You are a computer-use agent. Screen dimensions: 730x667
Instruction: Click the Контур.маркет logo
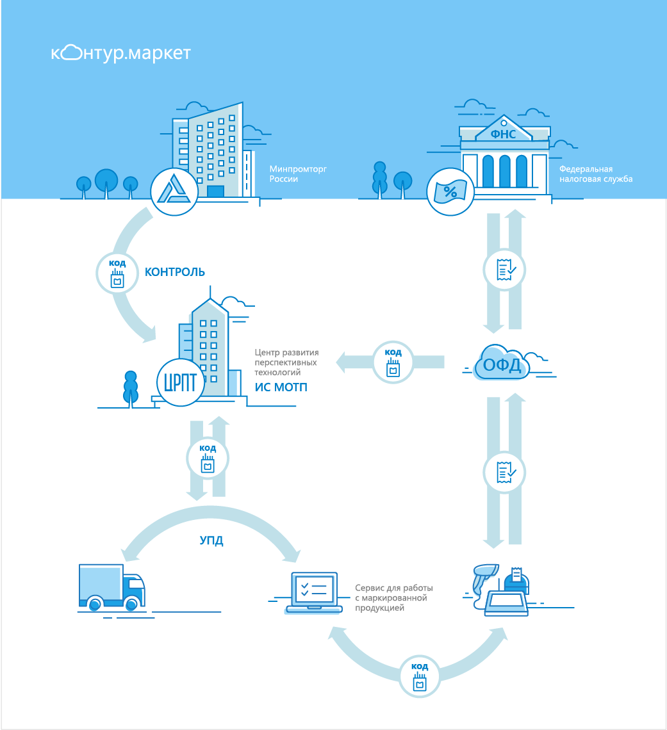120,53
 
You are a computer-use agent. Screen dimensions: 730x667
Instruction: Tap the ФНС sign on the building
503,134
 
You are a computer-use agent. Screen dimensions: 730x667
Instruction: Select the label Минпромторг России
289,174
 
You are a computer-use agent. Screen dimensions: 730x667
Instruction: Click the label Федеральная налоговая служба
595,174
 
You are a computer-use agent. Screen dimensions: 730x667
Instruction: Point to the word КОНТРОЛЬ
175,272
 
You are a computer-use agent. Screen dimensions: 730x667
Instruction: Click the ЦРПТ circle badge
180,382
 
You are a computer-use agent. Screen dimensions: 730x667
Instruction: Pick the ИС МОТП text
281,386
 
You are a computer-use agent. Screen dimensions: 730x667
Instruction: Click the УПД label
211,540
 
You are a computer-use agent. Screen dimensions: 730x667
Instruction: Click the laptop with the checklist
314,591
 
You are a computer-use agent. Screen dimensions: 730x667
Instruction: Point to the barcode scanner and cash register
502,589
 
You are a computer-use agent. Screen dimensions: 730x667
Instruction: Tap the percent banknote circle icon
450,191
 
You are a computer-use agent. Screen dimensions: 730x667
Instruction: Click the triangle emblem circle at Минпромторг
174,191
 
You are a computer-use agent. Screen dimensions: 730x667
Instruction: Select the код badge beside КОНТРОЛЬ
117,272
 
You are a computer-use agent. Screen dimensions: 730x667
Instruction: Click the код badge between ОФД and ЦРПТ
393,362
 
